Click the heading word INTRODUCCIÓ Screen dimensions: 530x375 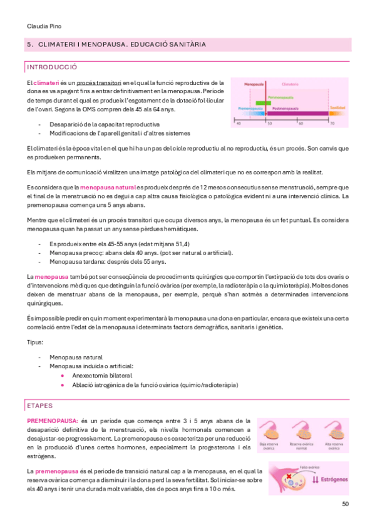pos(52,67)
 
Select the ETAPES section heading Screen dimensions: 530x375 pos(40,406)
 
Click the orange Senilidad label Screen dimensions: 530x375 pos(337,107)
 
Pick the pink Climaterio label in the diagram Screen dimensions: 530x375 pos(290,82)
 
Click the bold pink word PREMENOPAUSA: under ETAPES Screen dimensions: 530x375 pos(53,421)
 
